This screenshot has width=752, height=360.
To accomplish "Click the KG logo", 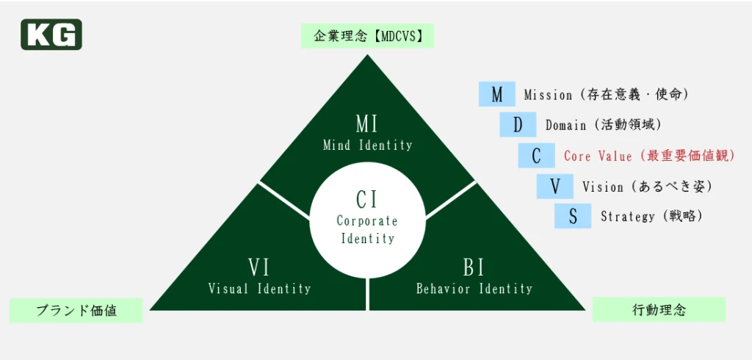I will pos(51,35).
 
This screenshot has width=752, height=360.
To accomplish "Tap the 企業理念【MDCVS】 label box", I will pos(367,35).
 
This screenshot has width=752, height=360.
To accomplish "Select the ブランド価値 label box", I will pos(76,310).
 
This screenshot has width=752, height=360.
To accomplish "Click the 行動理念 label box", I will pos(659,309).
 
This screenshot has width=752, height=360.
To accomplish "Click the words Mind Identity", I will pos(367,145).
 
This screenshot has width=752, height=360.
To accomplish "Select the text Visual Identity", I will pos(260,289).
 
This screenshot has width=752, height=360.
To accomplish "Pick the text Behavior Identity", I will pos(474,289).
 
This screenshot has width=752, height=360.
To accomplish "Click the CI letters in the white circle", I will pos(366,199).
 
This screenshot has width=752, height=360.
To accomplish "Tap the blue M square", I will pos(497,94).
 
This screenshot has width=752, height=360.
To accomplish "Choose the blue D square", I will pos(518,125).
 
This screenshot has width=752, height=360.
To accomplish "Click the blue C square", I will pos(537,156).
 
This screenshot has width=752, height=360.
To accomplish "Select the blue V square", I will pos(554,187).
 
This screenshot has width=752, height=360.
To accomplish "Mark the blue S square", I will pos(573,217).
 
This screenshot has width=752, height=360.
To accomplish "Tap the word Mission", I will pos(548,95).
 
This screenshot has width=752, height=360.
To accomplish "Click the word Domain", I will pos(565,126).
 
